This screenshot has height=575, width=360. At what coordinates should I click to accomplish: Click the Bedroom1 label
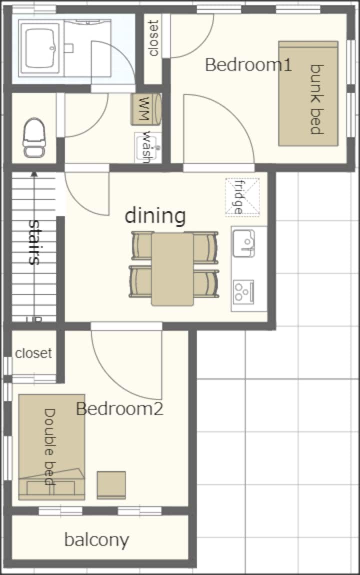click(248, 65)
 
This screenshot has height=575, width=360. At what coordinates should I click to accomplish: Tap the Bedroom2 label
click(119, 408)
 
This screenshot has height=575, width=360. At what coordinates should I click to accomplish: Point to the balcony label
click(97, 540)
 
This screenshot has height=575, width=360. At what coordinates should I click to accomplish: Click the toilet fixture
click(34, 138)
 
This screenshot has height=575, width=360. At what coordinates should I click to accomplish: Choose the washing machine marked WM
click(146, 109)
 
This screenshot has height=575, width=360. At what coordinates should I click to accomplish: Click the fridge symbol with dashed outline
click(242, 196)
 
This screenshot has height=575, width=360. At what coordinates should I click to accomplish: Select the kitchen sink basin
click(244, 243)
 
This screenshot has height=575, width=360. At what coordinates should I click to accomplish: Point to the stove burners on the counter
click(244, 291)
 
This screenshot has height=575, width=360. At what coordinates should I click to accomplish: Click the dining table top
click(172, 269)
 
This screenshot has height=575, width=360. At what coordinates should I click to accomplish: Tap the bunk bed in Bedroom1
click(308, 93)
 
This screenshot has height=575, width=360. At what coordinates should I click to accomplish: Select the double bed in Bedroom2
click(51, 447)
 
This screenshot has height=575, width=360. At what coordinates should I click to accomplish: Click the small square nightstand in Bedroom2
click(111, 485)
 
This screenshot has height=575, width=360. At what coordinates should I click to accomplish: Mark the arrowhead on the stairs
click(34, 174)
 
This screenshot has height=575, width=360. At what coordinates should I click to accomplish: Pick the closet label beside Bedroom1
click(153, 38)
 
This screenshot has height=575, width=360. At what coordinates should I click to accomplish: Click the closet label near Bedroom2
click(33, 353)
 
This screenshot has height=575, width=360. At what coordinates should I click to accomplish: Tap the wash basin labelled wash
click(147, 147)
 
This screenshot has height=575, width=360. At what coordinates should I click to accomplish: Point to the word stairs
click(34, 242)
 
